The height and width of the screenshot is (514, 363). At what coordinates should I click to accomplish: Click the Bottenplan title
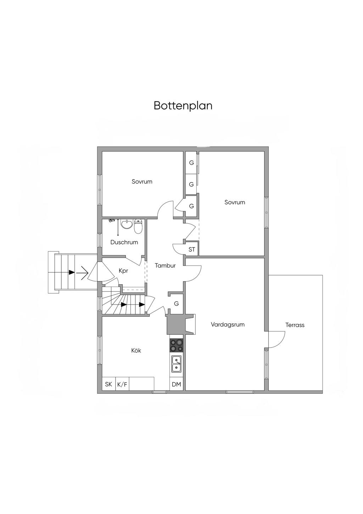183,106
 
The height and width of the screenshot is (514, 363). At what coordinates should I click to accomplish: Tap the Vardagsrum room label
228,324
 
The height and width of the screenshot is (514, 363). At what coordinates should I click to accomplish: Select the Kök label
136,350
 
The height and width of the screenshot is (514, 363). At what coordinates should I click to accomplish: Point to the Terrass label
295,325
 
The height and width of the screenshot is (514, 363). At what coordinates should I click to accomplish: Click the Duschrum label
124,242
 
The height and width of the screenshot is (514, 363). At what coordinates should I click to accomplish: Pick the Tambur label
165,265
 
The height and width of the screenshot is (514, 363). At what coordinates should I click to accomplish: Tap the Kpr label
123,270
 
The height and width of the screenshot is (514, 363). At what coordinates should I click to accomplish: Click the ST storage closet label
192,250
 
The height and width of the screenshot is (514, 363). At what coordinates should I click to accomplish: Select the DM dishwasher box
176,384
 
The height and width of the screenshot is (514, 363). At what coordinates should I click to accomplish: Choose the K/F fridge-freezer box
122,384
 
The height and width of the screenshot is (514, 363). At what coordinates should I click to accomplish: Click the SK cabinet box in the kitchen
108,384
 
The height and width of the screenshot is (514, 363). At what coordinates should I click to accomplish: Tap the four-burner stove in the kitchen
177,345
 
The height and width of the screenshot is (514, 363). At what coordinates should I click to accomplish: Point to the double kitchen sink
177,364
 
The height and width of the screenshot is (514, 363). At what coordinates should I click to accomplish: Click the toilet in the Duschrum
138,226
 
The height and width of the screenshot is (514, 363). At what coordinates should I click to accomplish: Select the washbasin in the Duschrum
126,224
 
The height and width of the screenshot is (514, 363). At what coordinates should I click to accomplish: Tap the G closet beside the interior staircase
176,304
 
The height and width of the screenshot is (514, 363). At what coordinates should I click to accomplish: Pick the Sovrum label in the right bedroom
235,202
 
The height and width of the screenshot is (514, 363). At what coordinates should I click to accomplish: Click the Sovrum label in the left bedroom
142,182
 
